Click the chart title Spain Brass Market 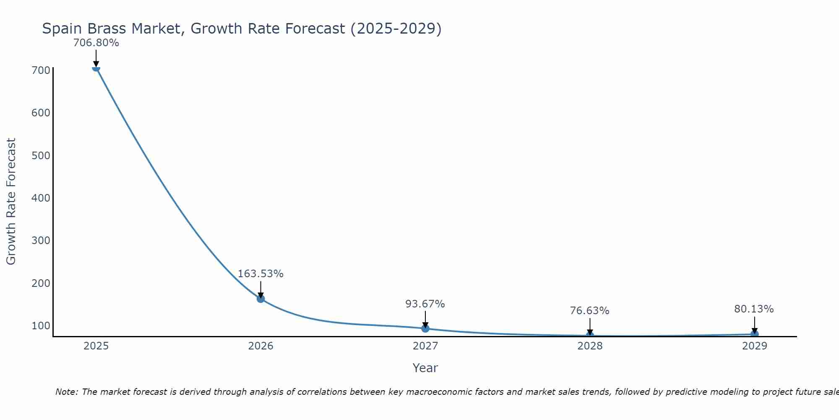[x=242, y=29]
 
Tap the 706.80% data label [x=96, y=43]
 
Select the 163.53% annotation [x=261, y=274]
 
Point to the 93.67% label [x=425, y=304]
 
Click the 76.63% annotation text [x=589, y=311]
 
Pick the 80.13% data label [x=754, y=309]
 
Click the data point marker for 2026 [x=261, y=299]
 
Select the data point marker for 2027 [x=425, y=328]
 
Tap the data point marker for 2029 [x=754, y=334]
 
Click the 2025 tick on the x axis [x=96, y=346]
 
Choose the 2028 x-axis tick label [x=590, y=346]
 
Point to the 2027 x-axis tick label [x=425, y=346]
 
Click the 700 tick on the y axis [x=41, y=70]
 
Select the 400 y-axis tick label [x=41, y=198]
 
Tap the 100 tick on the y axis [x=41, y=325]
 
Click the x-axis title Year [x=425, y=368]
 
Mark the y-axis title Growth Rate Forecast [x=11, y=201]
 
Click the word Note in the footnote [x=66, y=392]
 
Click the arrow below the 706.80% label [x=96, y=58]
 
